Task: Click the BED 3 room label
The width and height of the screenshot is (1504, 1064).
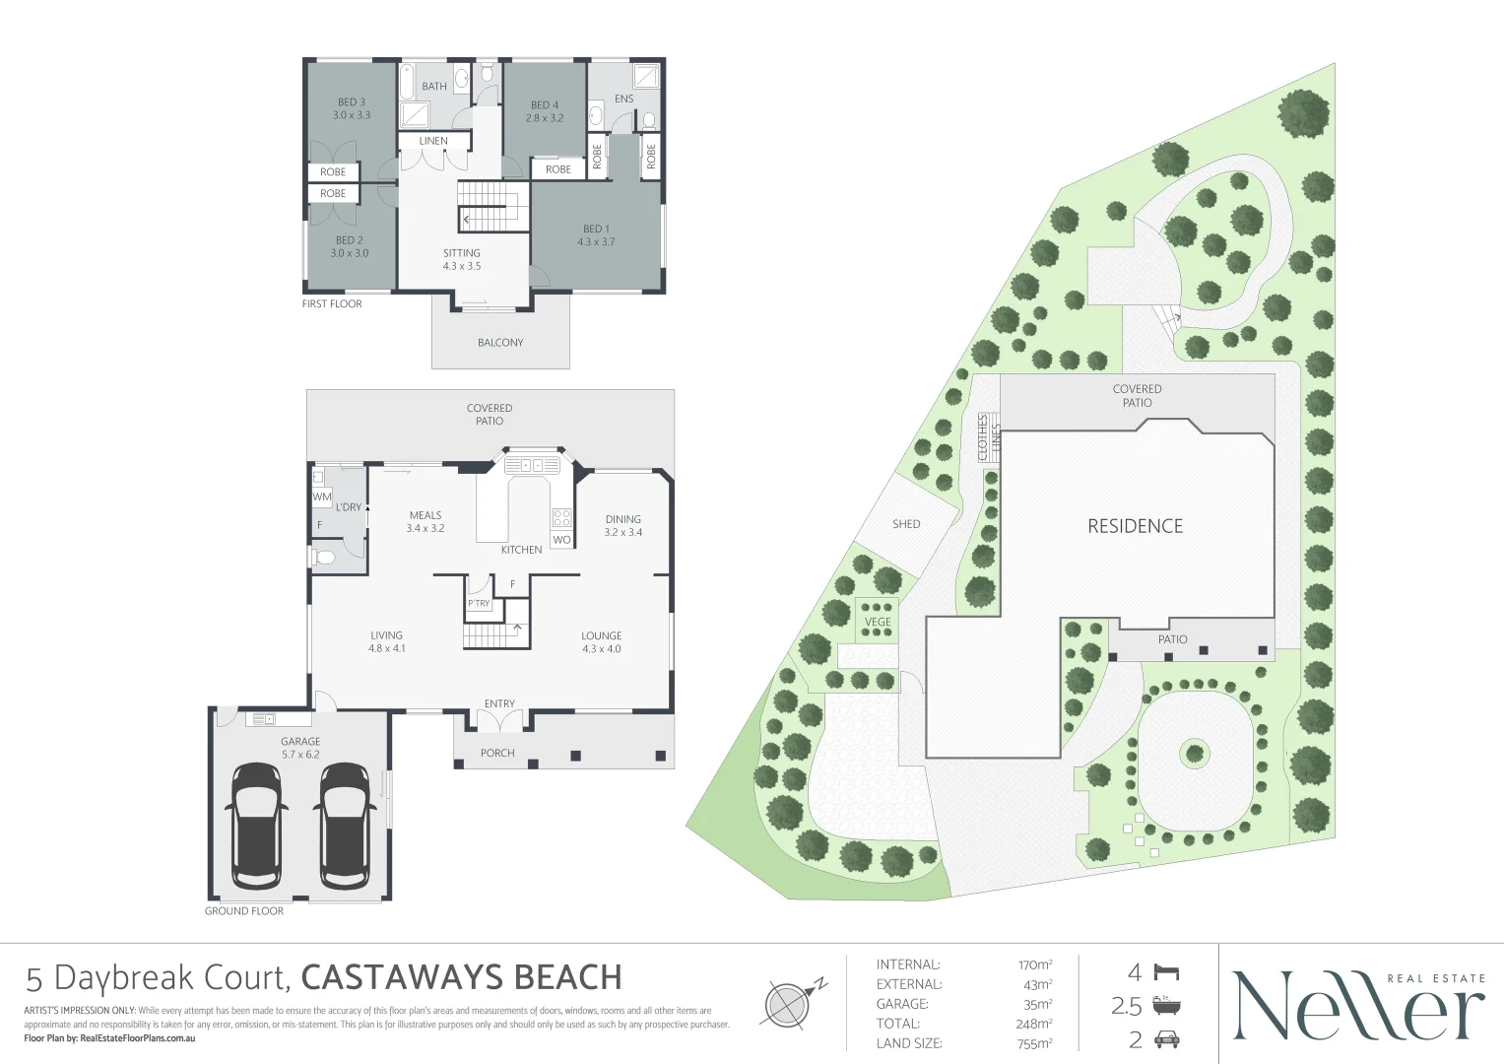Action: click(352, 102)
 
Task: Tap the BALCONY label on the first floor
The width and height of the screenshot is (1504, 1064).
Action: click(500, 343)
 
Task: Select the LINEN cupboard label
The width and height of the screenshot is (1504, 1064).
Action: click(433, 141)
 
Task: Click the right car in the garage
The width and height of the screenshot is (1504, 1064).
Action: click(344, 826)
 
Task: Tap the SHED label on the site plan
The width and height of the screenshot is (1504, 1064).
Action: click(906, 524)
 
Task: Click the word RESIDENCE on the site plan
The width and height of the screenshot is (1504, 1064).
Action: click(1136, 526)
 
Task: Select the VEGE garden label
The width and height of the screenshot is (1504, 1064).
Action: click(878, 622)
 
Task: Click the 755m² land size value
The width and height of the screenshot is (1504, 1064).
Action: click(1034, 1044)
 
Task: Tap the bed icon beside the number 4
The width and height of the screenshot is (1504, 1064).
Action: click(1166, 972)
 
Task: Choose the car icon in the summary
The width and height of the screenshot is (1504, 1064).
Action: click(1167, 1040)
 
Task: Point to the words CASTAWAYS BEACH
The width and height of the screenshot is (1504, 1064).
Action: click(461, 978)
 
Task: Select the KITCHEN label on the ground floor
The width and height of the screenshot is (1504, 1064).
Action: click(522, 550)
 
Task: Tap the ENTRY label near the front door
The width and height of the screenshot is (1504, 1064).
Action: click(499, 703)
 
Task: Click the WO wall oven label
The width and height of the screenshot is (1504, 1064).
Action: click(562, 540)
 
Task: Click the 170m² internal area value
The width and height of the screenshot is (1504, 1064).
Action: click(1034, 965)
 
